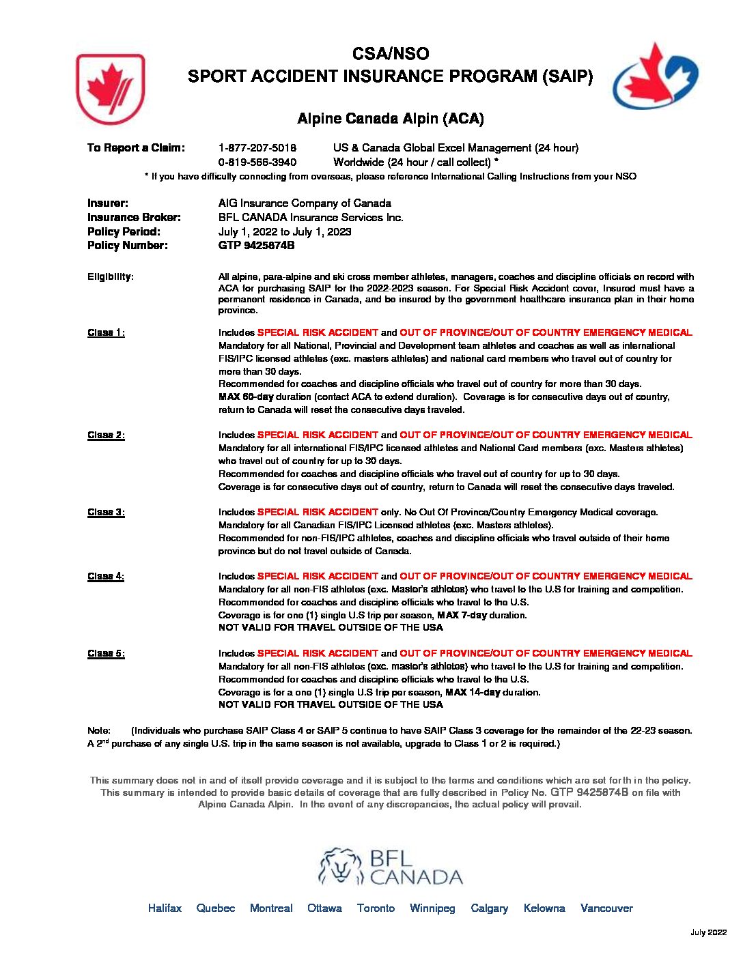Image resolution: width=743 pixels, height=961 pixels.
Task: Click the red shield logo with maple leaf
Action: coord(110,89)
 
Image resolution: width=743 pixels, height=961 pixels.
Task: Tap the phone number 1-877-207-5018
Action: coord(257,148)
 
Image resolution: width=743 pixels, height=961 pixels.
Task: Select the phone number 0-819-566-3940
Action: coord(257,162)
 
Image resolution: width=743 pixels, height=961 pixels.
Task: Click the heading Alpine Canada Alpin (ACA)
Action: coord(390,119)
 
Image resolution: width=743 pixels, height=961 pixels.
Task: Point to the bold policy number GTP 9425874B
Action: coord(256,246)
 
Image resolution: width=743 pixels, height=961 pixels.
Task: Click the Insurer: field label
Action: coord(108,203)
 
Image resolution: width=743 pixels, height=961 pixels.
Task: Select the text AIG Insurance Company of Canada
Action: coord(305,203)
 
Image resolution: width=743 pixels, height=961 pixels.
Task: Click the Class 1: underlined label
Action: coord(106,333)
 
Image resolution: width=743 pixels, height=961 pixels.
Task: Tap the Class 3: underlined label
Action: coord(106,513)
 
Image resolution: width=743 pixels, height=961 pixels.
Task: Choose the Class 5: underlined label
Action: coord(106,654)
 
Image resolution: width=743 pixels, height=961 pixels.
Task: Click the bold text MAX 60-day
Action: coord(245,397)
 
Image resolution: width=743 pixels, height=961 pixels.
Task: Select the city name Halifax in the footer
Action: coord(165,908)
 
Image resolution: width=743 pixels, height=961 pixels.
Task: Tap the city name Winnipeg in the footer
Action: coord(432,908)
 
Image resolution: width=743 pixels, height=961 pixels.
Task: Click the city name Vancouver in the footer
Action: coord(606,908)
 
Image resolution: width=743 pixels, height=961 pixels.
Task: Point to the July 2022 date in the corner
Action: coord(708,933)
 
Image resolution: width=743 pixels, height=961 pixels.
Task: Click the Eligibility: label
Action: coord(111,277)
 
